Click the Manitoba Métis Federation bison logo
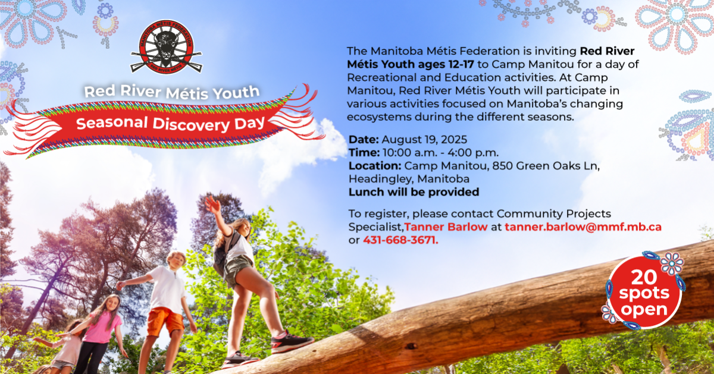coord(167,46)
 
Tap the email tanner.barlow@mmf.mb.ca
coord(583,227)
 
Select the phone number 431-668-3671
coord(400,240)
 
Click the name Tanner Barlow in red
coord(446,227)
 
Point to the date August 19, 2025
coord(424,140)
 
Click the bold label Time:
coord(364,153)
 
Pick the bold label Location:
coord(375,166)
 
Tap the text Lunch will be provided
coord(414,192)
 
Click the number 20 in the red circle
coord(644,278)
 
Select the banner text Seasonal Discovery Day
coord(171,123)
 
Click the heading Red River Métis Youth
coord(172,92)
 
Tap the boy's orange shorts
coord(165,321)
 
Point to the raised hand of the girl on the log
coord(212,204)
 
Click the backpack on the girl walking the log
coord(223,255)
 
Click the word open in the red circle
coord(644,310)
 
